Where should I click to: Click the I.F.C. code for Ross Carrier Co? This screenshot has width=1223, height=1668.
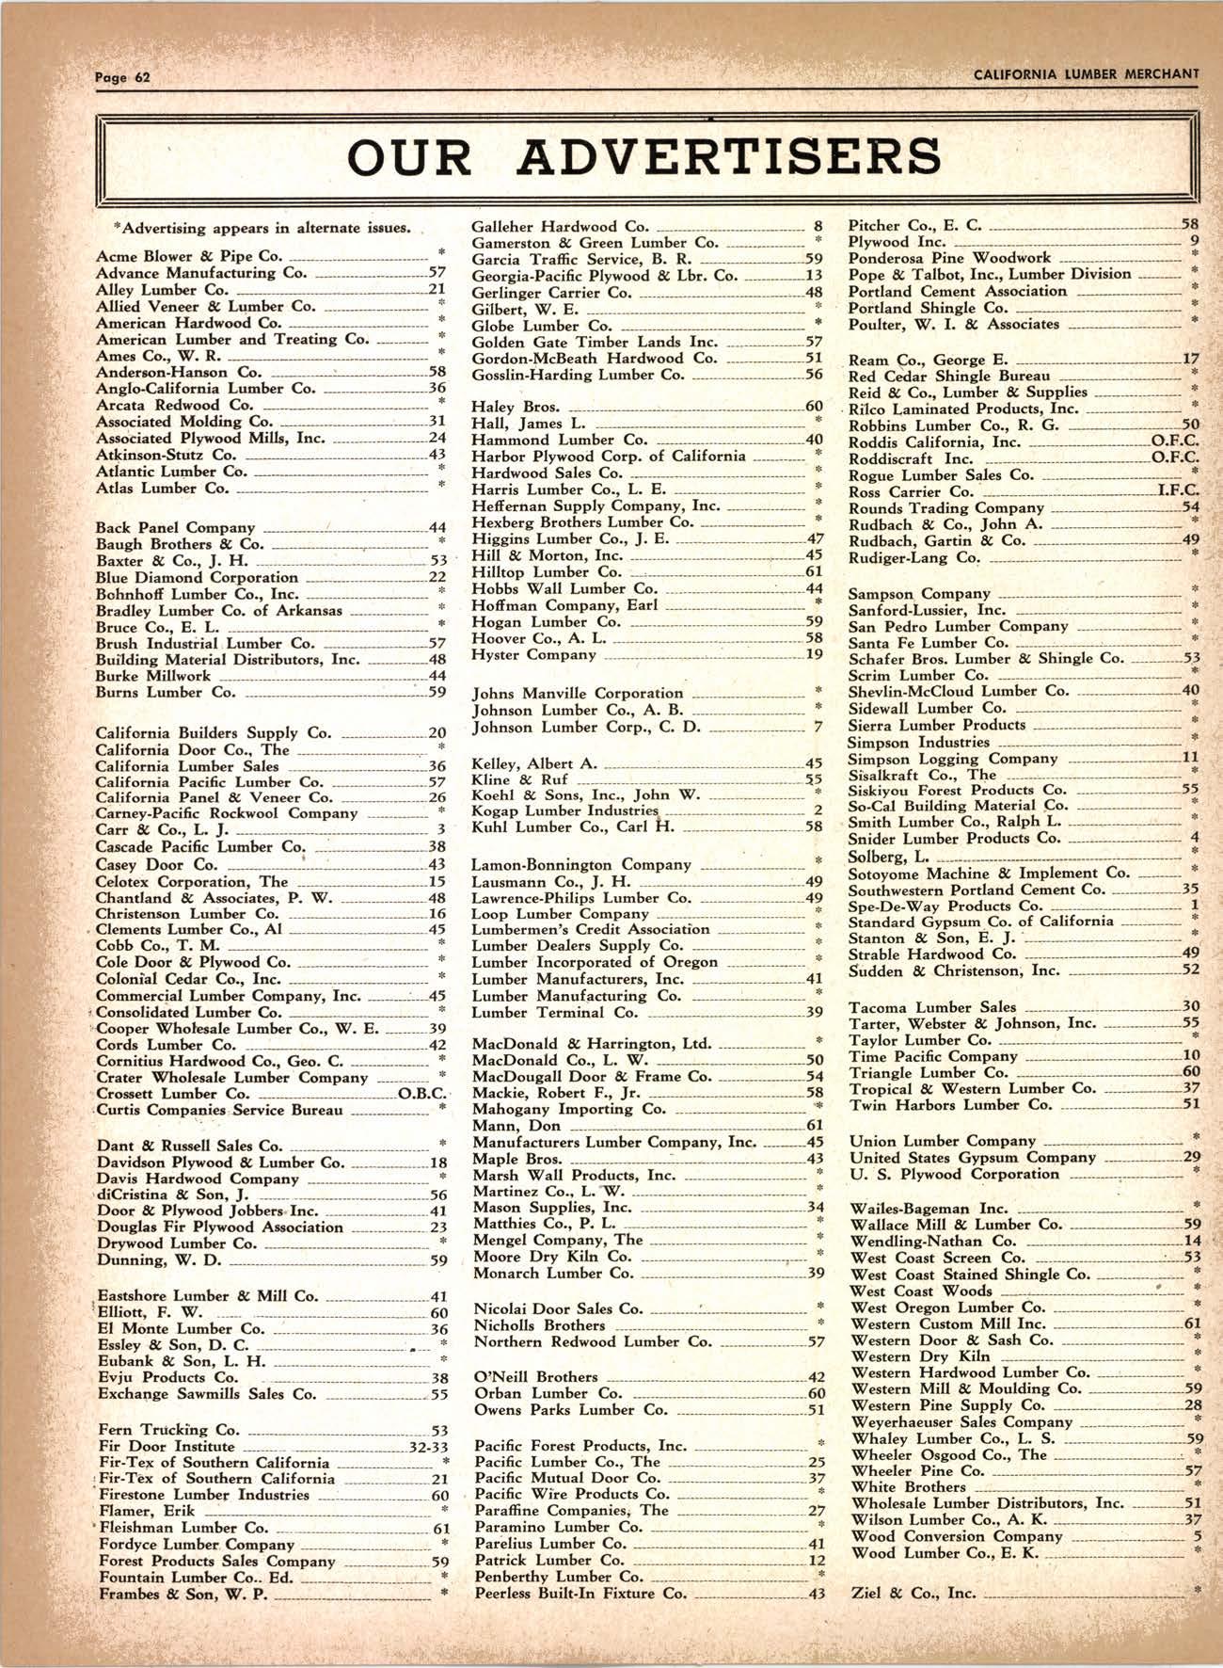1177,491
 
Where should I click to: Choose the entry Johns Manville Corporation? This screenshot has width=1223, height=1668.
577,694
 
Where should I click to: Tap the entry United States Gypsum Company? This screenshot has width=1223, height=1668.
972,1158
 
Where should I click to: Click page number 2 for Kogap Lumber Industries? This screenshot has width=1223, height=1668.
818,810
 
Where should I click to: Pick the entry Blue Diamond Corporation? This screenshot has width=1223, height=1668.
197,577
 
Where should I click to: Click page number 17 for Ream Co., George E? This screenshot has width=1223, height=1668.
1190,360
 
